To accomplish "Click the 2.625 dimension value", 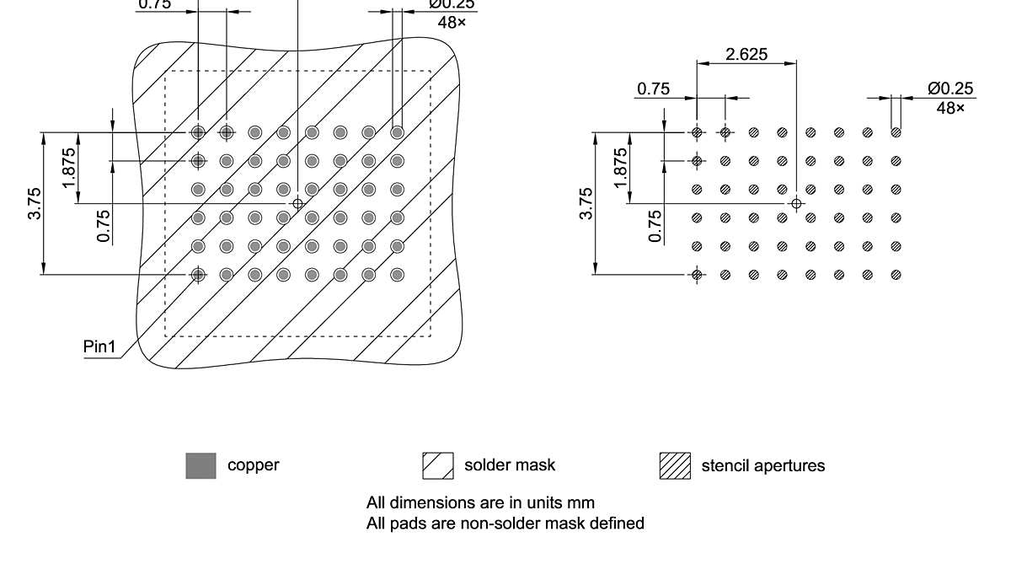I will (x=746, y=54).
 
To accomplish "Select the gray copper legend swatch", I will (x=201, y=465).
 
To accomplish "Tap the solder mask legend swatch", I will (x=438, y=465).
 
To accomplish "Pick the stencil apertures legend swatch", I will (x=675, y=465).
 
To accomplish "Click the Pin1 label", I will (x=99, y=347).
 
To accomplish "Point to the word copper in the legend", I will (x=253, y=464).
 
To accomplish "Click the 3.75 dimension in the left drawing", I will (x=35, y=203).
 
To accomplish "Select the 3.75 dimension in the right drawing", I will (x=586, y=203).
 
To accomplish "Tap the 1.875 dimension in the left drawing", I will (x=69, y=167).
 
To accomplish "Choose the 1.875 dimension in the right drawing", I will (x=621, y=167).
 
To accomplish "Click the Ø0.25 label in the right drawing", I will (x=950, y=89).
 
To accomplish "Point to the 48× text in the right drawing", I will (x=950, y=107).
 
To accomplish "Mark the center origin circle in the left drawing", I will (x=297, y=203).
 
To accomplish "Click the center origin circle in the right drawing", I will (x=796, y=203).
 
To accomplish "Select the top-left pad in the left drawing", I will (x=198, y=132).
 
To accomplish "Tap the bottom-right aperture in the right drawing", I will (x=896, y=274).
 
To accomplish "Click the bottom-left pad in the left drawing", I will (x=198, y=274).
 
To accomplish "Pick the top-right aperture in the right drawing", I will (x=896, y=132).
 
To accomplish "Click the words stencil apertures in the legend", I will (x=763, y=465).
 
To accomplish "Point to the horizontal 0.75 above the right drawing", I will (x=654, y=89).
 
